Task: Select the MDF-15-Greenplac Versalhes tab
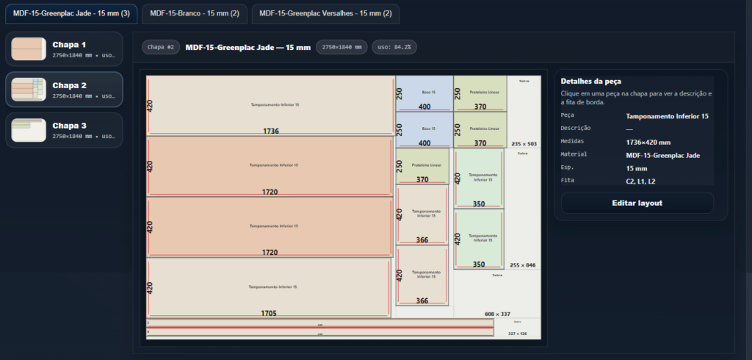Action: (325, 13)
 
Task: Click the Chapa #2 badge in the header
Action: (161, 47)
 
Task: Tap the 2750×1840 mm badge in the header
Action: (341, 47)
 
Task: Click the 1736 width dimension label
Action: (271, 131)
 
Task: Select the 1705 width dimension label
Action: (269, 313)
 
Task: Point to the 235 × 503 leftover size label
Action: (524, 144)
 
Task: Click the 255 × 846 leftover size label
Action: (522, 265)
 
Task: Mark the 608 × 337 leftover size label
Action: (497, 314)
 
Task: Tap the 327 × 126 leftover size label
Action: (517, 334)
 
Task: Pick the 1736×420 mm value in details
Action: (648, 142)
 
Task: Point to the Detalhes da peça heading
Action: (590, 81)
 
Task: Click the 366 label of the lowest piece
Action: (422, 300)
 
